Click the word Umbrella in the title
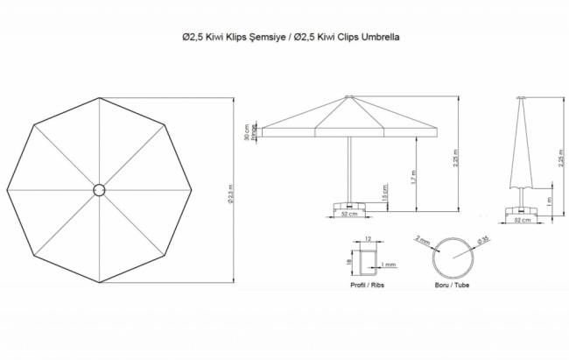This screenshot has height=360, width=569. pos(380,38)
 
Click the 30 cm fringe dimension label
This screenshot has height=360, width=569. pos(247,131)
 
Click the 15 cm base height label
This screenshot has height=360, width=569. pos(385,191)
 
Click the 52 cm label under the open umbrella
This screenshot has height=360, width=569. pos(348,214)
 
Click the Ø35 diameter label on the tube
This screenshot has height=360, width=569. pos(481,239)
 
